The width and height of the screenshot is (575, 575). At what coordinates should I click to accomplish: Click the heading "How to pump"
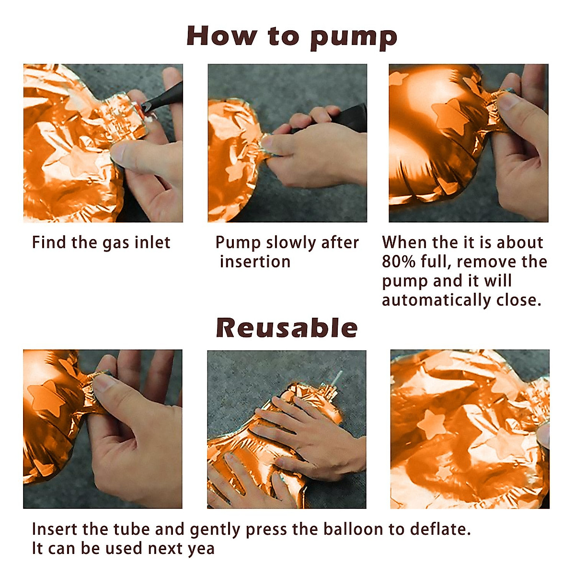(x=291, y=37)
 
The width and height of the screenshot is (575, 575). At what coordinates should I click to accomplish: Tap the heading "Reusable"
(x=287, y=328)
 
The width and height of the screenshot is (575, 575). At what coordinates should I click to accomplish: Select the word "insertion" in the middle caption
(x=255, y=262)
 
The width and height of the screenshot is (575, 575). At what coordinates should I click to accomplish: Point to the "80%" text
(x=399, y=262)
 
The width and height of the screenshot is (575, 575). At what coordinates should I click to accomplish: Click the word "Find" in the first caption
(x=49, y=242)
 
